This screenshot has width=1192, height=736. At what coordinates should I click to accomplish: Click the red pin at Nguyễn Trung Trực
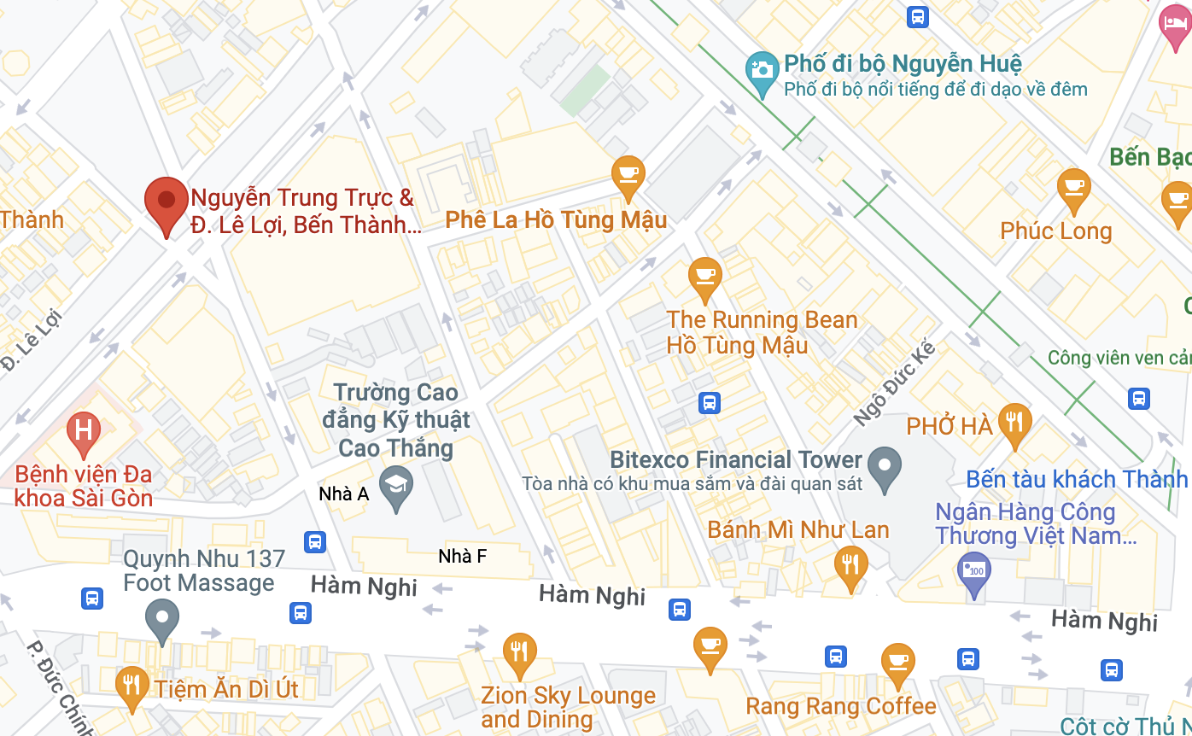click(167, 202)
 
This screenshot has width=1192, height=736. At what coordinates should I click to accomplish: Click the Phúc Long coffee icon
click(1073, 188)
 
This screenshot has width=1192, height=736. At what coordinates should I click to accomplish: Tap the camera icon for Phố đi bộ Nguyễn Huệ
click(761, 72)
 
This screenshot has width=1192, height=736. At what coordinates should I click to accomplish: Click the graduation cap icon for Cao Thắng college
click(395, 486)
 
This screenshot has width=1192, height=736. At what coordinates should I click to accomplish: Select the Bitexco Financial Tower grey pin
click(884, 467)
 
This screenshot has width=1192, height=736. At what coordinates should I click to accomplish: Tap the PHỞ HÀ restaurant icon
click(1014, 422)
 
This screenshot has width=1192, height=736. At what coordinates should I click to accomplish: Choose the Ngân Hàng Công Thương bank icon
click(973, 570)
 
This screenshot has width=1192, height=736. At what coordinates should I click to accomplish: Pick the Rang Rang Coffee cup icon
click(897, 663)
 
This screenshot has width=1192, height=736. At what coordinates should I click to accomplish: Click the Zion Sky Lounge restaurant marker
click(519, 653)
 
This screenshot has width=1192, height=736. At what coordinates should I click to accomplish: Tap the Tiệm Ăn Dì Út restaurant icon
click(131, 686)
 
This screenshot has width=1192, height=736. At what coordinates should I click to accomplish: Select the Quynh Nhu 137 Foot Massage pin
click(162, 619)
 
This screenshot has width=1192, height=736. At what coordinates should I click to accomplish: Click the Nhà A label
click(343, 494)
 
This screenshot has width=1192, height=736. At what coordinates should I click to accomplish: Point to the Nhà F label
click(462, 557)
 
